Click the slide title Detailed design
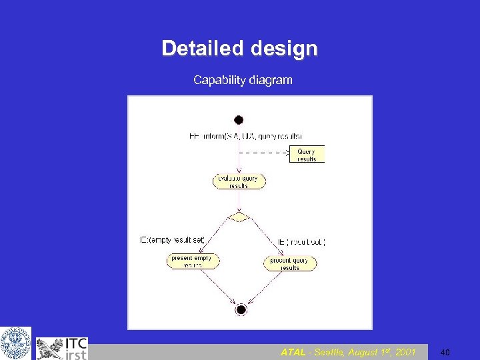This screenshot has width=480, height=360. (239, 49)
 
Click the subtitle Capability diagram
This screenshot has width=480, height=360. (243, 80)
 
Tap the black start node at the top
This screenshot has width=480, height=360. (239, 120)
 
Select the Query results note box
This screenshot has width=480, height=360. (307, 155)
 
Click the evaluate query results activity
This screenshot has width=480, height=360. (239, 181)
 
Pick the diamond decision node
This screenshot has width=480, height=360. (239, 217)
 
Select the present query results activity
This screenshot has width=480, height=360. (290, 264)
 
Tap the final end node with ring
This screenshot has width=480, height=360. (241, 309)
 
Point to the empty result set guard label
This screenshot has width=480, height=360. (173, 240)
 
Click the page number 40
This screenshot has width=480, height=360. (446, 352)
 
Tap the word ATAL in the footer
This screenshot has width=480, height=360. (293, 352)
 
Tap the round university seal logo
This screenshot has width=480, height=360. (15, 343)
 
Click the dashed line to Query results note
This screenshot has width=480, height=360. (263, 153)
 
